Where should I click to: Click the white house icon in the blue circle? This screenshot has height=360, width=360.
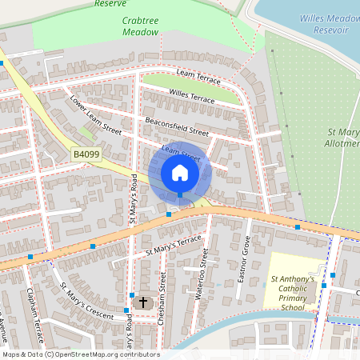coord(180,172)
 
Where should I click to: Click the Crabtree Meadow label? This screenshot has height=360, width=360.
coord(141,27)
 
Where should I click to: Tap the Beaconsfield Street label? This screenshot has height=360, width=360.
coord(177,126)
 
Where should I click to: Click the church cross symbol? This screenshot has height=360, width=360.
coord(143,302)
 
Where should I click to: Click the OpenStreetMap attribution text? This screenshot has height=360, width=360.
coord(80,354)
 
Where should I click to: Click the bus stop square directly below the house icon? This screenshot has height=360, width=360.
coord(180,194)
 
